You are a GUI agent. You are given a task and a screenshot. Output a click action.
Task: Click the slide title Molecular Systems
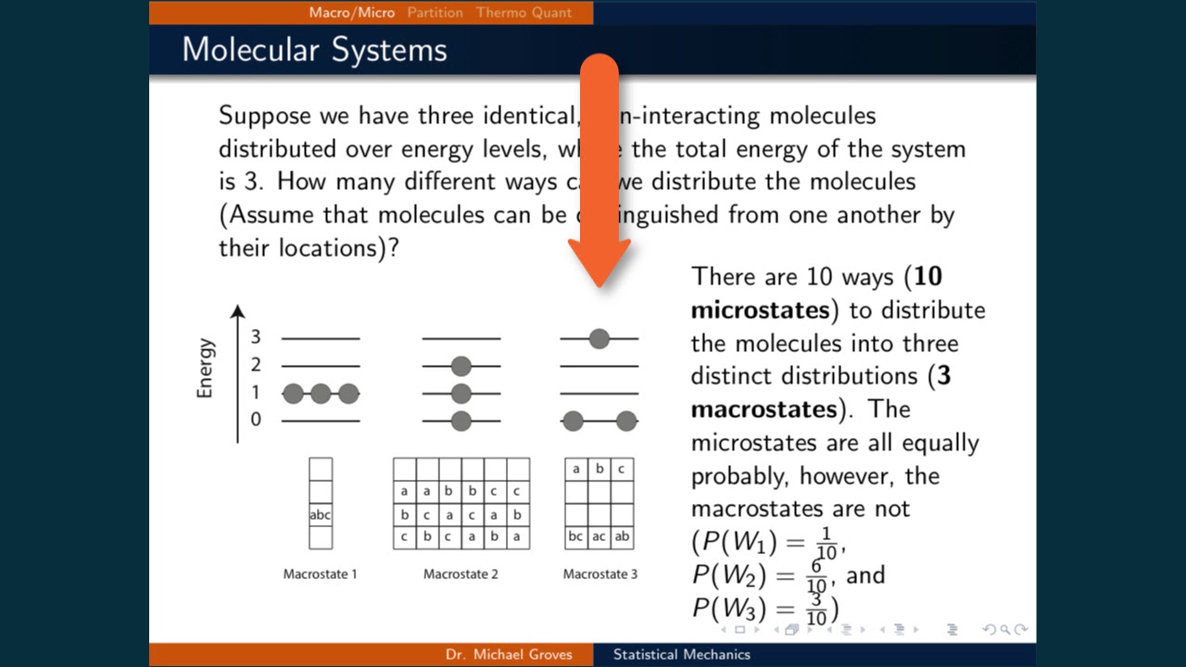click(x=315, y=49)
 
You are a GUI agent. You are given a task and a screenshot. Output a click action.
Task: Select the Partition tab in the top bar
click(x=435, y=12)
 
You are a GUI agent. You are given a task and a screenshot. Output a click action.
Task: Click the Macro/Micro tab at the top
click(x=352, y=12)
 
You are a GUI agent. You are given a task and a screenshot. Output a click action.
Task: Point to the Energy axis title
click(x=205, y=368)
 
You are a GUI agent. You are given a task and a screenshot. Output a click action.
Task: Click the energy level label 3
click(x=256, y=337)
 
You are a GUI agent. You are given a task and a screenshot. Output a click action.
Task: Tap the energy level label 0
click(x=256, y=420)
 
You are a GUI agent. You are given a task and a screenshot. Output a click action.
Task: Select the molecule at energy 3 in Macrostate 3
click(x=599, y=338)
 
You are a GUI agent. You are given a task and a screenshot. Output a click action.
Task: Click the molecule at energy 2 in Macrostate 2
click(x=461, y=366)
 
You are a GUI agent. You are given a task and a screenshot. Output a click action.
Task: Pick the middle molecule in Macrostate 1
click(x=321, y=394)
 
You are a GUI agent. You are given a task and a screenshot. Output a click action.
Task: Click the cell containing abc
click(x=321, y=515)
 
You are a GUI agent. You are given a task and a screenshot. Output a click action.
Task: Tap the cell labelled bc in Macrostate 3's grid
click(x=576, y=536)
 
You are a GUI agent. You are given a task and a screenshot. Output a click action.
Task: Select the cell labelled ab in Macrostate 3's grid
click(x=622, y=536)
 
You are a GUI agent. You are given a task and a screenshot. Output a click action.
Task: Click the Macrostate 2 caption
click(x=461, y=574)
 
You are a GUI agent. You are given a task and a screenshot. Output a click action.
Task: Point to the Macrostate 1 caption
click(x=321, y=574)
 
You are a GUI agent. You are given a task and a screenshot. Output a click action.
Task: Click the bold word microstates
click(x=760, y=309)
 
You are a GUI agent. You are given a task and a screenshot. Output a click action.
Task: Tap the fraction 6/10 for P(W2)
click(x=816, y=576)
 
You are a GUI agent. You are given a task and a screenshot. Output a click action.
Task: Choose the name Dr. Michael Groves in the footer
click(x=509, y=655)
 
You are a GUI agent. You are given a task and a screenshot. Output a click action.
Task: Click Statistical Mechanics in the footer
click(x=681, y=655)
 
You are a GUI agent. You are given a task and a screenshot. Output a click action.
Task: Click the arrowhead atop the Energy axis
click(x=238, y=311)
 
